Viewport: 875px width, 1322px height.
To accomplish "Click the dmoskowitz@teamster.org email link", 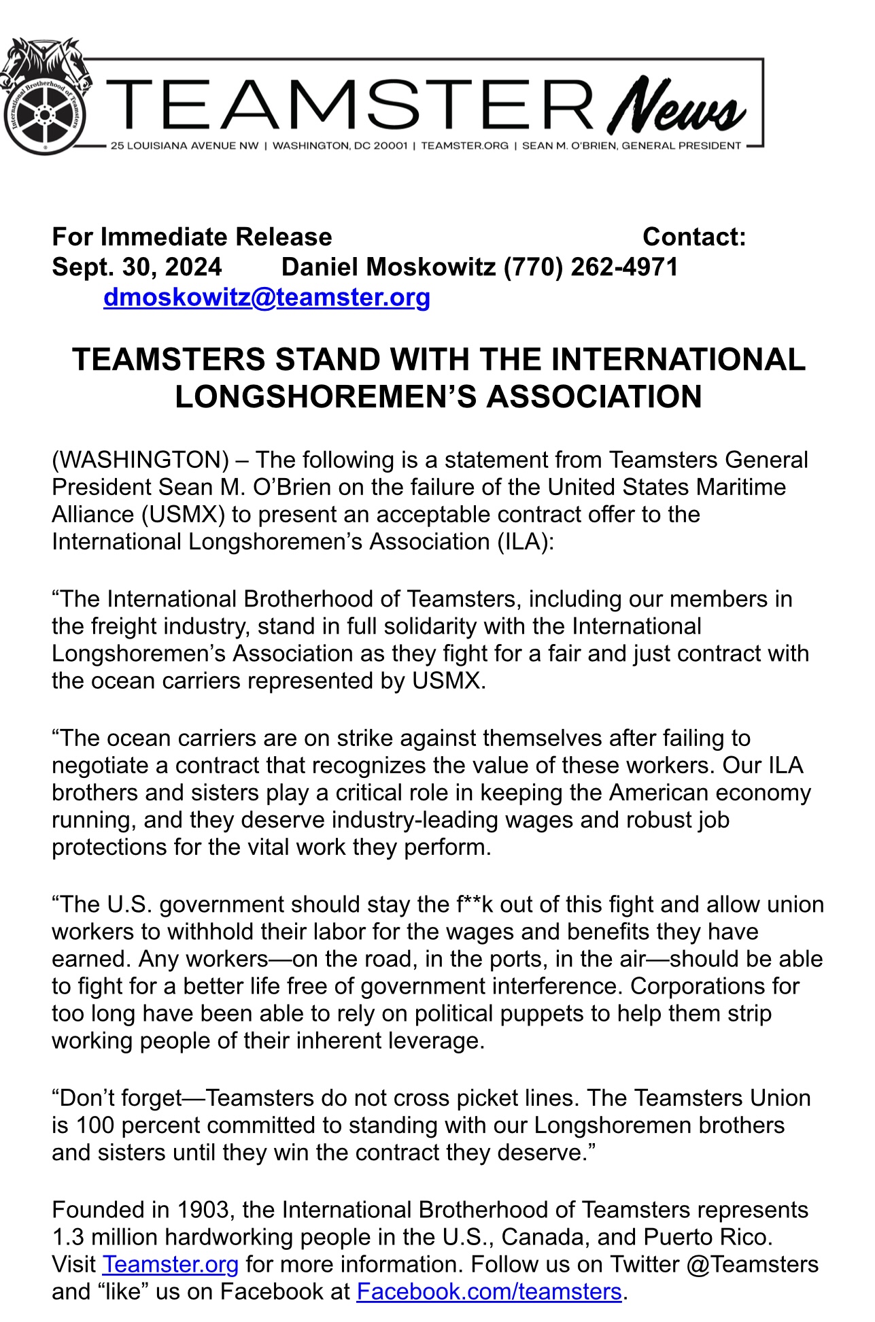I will (x=267, y=297).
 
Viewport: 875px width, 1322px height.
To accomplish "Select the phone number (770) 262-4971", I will (x=590, y=267).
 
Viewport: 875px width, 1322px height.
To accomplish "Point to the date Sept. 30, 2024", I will (x=137, y=267).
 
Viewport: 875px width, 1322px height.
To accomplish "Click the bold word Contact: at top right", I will (x=694, y=237).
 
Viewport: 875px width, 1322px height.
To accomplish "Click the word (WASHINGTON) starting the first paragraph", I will (x=140, y=460).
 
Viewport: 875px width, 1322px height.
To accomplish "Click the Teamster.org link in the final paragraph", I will (x=170, y=1264).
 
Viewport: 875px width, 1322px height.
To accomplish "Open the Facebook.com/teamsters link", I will (x=489, y=1291).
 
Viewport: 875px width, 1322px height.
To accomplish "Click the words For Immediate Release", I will (x=192, y=237).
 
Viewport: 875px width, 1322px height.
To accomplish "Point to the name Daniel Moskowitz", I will (x=388, y=267).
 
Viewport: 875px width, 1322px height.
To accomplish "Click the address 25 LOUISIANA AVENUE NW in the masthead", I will (x=184, y=146).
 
